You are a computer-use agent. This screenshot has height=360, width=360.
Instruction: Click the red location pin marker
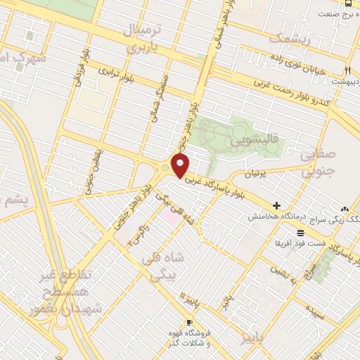181,166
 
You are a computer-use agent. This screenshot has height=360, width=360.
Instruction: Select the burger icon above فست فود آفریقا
300,232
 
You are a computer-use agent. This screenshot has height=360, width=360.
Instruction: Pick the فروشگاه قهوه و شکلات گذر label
188,338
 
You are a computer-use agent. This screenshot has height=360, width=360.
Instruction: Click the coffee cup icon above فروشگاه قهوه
188,322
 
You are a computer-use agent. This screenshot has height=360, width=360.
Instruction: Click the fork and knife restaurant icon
348,70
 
